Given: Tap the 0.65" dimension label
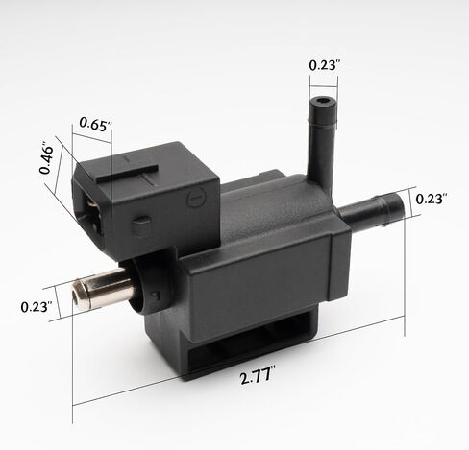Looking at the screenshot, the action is click(x=96, y=124).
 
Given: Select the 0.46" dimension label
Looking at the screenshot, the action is click(x=46, y=160).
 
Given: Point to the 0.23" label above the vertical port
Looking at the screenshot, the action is click(x=324, y=65).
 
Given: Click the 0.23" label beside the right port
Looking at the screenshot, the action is click(x=431, y=200).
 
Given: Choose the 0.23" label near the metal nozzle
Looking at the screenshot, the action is click(x=37, y=307).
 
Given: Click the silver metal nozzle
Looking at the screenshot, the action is click(x=103, y=288).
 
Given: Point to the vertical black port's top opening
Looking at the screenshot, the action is click(x=323, y=102).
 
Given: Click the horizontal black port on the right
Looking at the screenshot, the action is click(x=372, y=209).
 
